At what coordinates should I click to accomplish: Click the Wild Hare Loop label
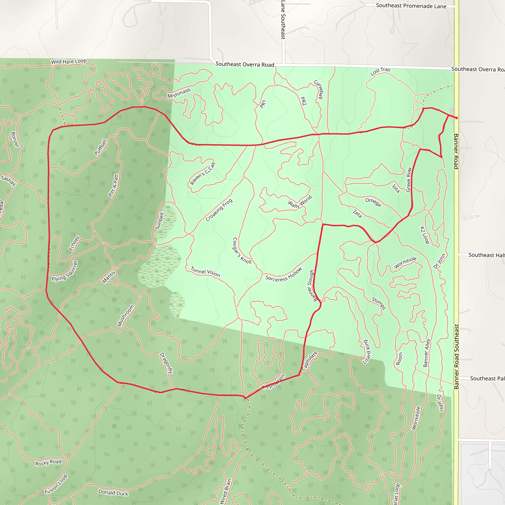pyautogui.click(x=69, y=61)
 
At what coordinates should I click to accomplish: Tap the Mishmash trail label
pyautogui.click(x=179, y=93)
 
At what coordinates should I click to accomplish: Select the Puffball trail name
pyautogui.click(x=101, y=147)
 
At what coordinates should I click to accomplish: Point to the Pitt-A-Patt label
pyautogui.click(x=113, y=185)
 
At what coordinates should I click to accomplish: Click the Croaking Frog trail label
pyautogui.click(x=219, y=210)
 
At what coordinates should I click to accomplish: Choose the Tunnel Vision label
pyautogui.click(x=205, y=271)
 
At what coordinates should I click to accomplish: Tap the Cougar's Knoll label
pyautogui.click(x=242, y=251)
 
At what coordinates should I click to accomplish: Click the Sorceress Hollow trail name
pyautogui.click(x=284, y=274)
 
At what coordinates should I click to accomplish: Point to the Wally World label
pyautogui.click(x=300, y=202)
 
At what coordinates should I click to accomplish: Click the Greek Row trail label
pyautogui.click(x=409, y=180)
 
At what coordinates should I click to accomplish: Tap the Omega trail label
pyautogui.click(x=373, y=202)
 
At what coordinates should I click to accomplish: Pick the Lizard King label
pyautogui.click(x=367, y=352)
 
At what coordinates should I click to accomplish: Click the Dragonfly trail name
pyautogui.click(x=166, y=363)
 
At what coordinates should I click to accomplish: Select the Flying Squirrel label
pyautogui.click(x=65, y=271)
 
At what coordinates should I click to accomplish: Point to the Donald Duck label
pyautogui.click(x=113, y=493)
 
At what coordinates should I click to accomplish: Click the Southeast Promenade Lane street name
pyautogui.click(x=411, y=6)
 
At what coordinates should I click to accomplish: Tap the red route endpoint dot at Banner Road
pyautogui.click(x=456, y=118)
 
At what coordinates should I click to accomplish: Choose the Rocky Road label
pyautogui.click(x=48, y=462)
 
